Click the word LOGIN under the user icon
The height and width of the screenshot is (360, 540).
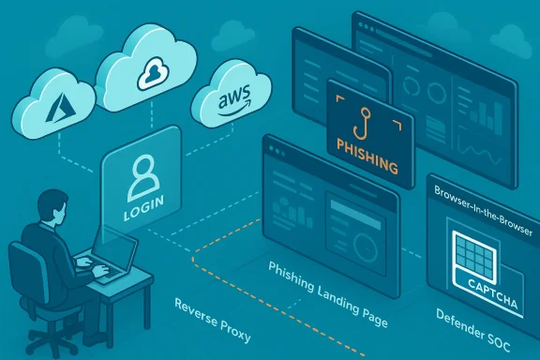coord(142,215)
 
